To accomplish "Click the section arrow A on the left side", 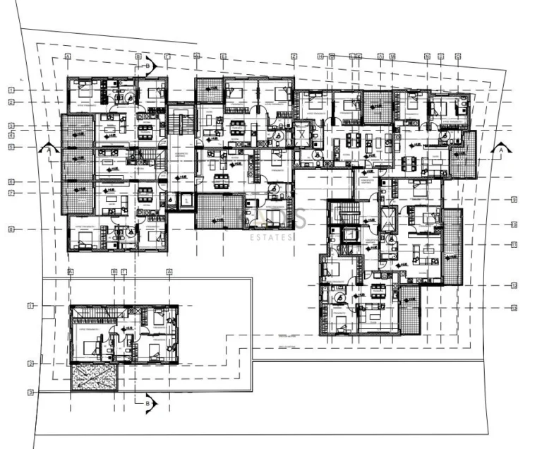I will (x=47, y=149).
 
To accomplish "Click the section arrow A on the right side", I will (x=500, y=150).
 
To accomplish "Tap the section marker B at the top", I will (x=148, y=66).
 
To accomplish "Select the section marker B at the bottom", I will (x=149, y=402).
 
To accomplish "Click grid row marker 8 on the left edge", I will (x=11, y=229).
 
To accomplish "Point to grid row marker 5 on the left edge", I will (x=11, y=147).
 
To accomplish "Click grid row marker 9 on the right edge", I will (x=514, y=200).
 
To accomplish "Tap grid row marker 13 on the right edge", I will (x=514, y=308).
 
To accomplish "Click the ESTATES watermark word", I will (x=272, y=238).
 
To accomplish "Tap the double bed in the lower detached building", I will (x=92, y=347).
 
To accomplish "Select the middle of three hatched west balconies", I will (x=77, y=164).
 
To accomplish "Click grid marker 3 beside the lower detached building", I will (x=31, y=392).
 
